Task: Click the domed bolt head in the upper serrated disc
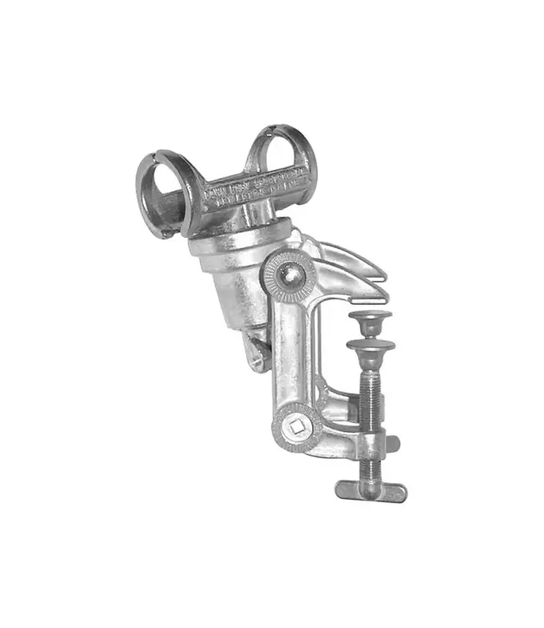289,274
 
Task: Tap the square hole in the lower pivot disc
295,428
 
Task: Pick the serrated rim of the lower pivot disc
280,440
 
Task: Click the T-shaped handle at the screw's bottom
371,491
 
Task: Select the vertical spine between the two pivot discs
289,352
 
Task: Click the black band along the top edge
272,19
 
